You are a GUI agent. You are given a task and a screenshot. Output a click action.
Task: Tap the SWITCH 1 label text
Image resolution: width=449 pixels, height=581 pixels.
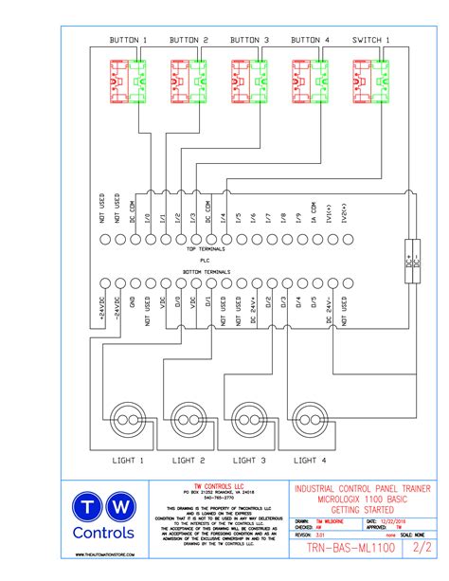370,40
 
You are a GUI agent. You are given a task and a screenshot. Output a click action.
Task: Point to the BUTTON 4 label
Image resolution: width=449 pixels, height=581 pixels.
310,40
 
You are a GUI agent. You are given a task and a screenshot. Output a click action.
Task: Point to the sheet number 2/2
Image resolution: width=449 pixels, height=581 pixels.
420,548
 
